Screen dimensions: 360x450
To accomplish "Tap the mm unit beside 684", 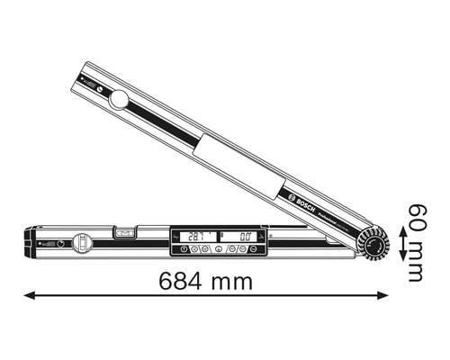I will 230,281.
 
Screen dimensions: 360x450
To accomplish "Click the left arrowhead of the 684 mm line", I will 28,293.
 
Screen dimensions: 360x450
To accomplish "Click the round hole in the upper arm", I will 118,98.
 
